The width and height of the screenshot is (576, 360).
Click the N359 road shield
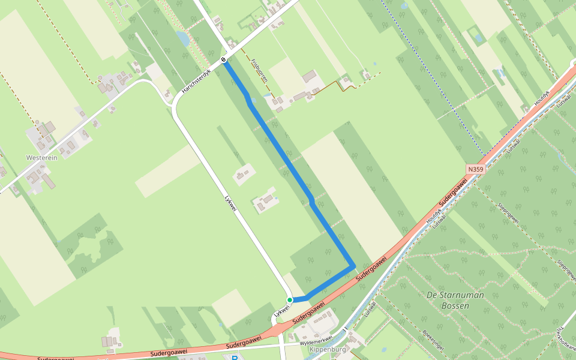(475, 170)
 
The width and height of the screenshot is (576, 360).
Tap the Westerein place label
(41, 157)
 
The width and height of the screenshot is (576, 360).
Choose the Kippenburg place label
(329, 349)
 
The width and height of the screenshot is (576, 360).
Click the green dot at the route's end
(289, 300)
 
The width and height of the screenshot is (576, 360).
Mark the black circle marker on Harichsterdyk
(223, 60)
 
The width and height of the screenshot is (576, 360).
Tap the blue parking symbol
(235, 358)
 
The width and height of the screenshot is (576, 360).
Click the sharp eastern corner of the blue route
(354, 266)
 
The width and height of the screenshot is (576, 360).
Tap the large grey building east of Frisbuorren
(310, 77)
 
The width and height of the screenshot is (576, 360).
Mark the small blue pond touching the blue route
(252, 100)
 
